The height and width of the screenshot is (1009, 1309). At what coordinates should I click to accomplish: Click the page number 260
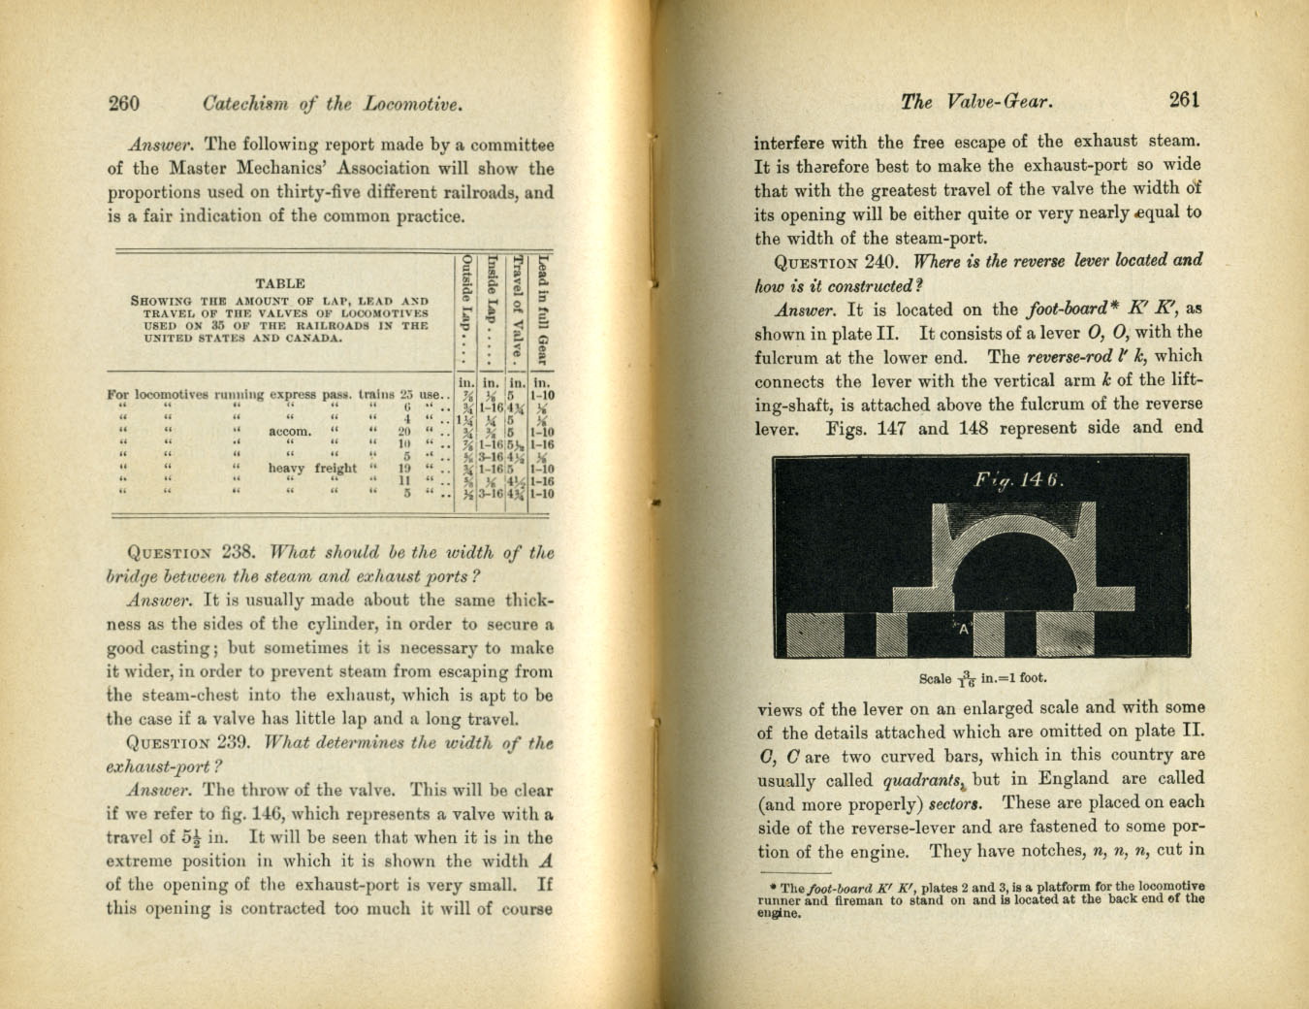click(124, 104)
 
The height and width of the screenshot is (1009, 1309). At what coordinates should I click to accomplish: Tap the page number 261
click(1185, 99)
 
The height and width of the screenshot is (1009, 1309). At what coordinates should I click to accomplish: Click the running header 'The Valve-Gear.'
click(976, 101)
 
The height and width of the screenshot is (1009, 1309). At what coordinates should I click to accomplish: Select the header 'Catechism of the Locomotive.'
click(332, 104)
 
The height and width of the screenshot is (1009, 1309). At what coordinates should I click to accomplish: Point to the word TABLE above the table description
click(279, 283)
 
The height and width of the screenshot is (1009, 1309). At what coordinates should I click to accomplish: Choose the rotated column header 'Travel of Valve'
click(518, 304)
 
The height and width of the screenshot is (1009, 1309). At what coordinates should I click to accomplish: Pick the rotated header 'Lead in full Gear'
click(543, 309)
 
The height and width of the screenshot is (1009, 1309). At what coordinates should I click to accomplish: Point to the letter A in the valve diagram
click(964, 629)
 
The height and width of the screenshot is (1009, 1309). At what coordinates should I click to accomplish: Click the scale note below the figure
click(982, 678)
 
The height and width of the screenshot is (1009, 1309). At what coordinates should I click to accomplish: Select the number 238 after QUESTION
click(239, 553)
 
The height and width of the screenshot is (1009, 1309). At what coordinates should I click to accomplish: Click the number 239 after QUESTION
click(238, 744)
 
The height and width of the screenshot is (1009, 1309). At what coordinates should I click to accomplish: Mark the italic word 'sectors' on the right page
click(954, 803)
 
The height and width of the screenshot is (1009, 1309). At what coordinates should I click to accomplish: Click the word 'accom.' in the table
click(290, 432)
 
